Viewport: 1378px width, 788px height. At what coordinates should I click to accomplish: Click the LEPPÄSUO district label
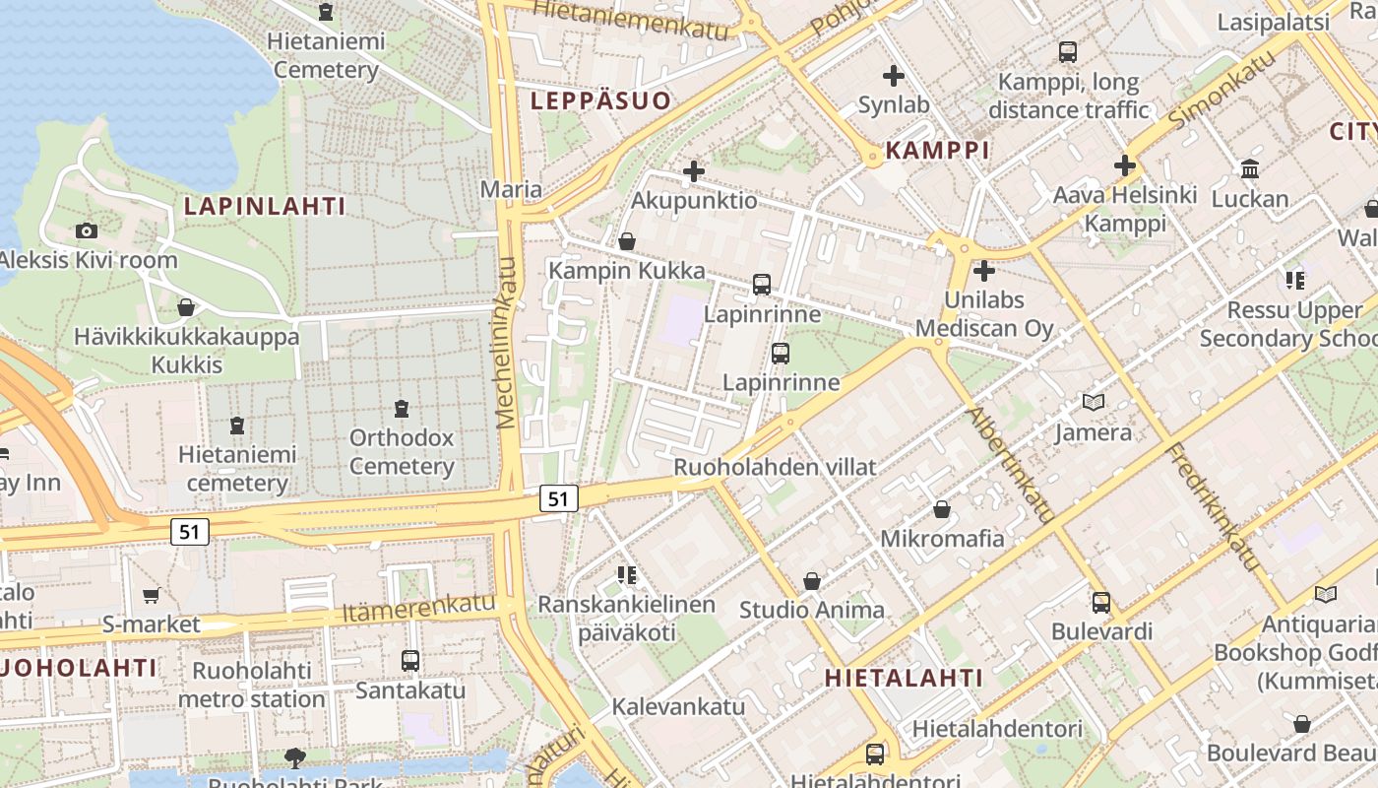tap(600, 99)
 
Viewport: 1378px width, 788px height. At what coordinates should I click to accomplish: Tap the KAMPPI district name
tap(937, 150)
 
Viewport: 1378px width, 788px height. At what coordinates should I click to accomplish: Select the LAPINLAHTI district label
tap(265, 206)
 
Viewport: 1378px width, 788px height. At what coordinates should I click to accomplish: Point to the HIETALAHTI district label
tap(904, 678)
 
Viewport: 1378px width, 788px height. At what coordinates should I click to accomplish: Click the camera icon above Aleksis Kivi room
tap(87, 230)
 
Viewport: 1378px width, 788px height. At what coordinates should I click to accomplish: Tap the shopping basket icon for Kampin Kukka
tap(627, 241)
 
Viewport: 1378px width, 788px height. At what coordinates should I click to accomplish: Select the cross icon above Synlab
tap(894, 75)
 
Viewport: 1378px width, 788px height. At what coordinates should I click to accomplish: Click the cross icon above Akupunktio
tap(694, 171)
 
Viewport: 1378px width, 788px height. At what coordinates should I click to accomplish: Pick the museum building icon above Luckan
tap(1250, 169)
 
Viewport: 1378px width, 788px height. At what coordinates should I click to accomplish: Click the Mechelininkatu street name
tap(507, 342)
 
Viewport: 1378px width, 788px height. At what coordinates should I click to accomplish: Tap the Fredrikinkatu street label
tap(1212, 507)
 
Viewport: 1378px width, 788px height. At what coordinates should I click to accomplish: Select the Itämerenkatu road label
tap(418, 608)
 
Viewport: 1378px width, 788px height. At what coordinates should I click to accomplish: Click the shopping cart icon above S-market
tap(151, 595)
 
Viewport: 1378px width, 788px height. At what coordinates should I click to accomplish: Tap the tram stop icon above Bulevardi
tap(1101, 602)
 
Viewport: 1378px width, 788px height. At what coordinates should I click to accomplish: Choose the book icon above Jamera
tap(1093, 402)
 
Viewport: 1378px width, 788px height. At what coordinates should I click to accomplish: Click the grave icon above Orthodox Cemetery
tap(401, 408)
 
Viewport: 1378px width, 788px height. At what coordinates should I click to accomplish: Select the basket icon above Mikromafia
tap(942, 509)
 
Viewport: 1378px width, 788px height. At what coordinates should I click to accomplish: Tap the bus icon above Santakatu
tap(410, 661)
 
